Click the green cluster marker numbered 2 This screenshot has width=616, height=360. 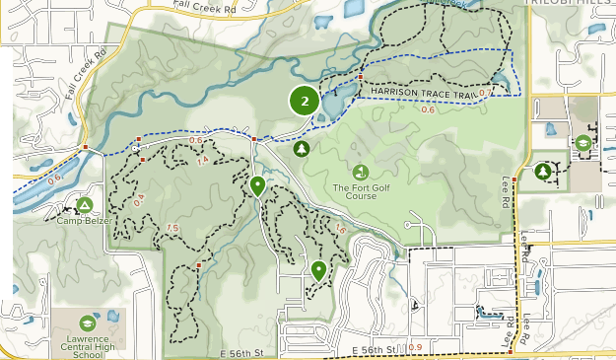coord(305,101)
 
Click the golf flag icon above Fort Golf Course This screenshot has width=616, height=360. coord(361,173)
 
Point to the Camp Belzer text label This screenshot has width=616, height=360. coord(83,221)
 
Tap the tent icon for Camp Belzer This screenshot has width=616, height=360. coord(85,205)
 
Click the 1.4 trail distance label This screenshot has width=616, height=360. coord(203,161)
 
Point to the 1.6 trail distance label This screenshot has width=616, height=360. coord(341,229)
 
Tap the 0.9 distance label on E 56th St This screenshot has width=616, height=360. coord(413,347)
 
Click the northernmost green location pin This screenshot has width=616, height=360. coord(257,185)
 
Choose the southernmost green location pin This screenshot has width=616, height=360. coord(318,270)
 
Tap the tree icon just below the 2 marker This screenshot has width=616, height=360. coord(302,149)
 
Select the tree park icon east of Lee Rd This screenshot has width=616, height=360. coord(543,172)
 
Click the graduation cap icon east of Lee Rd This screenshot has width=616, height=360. coord(583,142)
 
